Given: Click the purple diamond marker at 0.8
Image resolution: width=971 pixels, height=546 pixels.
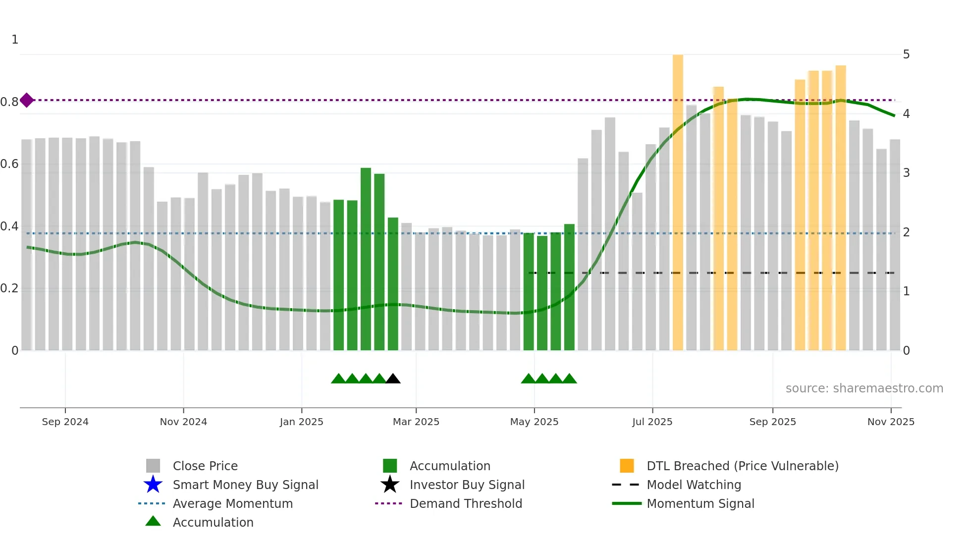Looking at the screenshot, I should tap(27, 100).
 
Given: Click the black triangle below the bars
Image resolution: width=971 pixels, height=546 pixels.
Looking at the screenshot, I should tap(393, 379).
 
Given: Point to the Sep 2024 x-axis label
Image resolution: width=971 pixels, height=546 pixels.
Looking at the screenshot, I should tap(65, 422).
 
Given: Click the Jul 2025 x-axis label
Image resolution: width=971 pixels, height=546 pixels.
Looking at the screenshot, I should tap(652, 422).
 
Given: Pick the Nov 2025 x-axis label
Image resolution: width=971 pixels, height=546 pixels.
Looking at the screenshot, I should tap(890, 422).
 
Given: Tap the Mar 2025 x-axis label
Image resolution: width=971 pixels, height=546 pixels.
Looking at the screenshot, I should tap(416, 422).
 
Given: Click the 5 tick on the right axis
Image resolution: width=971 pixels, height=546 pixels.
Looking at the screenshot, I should tap(906, 55).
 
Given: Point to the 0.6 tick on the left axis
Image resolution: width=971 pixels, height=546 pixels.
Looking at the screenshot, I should tap(9, 164).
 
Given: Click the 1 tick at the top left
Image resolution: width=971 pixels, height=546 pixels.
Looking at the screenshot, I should tap(15, 40).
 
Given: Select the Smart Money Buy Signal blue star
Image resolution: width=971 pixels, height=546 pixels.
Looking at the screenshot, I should tap(153, 485).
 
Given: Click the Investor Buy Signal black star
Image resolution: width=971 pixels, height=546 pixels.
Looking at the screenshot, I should tap(390, 485).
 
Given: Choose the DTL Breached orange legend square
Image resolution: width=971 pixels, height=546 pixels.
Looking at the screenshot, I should tap(627, 466).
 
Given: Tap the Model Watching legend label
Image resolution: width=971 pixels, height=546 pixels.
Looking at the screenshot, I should tap(694, 485).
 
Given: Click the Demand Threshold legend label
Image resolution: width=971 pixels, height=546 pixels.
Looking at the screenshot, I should tap(466, 503).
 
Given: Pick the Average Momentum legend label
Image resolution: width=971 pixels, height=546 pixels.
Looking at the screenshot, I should tap(232, 503).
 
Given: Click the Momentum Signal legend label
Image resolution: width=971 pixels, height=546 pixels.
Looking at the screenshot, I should tap(700, 503).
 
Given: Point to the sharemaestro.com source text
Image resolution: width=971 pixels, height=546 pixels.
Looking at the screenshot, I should tap(864, 388).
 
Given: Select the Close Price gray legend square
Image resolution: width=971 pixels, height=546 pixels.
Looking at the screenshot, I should tap(153, 466).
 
